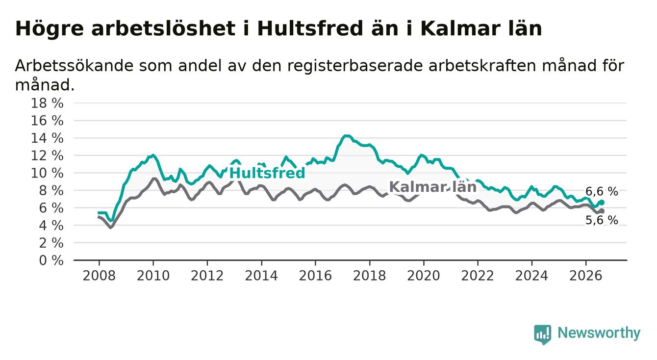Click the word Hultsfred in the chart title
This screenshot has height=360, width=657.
tap(310, 29)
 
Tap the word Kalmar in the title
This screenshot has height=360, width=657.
tap(460, 29)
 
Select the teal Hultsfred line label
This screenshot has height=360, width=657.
tap(267, 173)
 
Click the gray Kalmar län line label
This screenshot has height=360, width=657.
tap(432, 187)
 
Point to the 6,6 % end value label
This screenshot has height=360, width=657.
tap(602, 192)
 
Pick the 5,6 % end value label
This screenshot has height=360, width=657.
tap(602, 220)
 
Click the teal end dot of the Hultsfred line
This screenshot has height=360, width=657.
tap(602, 202)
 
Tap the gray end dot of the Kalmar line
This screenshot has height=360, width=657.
tap(602, 211)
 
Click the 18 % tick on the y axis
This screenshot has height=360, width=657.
tap(47, 103)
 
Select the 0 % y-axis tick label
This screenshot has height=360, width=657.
tap(51, 260)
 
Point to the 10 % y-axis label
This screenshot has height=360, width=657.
tap(47, 173)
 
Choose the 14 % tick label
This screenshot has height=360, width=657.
tap(47, 138)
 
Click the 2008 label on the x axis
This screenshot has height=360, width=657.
tap(99, 276)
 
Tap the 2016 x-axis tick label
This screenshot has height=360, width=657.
tap(315, 276)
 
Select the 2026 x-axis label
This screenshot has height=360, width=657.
tap(586, 276)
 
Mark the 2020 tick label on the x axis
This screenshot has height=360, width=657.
tap(424, 276)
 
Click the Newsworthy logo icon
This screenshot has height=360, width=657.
tap(542, 334)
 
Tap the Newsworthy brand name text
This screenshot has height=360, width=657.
tap(599, 333)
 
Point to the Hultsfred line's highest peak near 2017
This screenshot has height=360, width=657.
tap(347, 136)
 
